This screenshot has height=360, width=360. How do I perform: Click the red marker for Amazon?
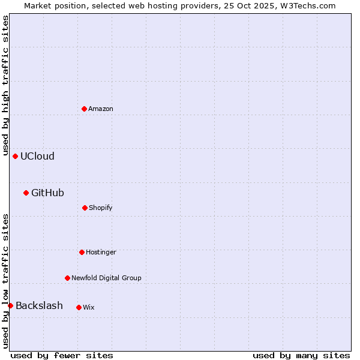click(x=84, y=109)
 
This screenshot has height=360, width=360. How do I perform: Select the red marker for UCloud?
click(x=15, y=156)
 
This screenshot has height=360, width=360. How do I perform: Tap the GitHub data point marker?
click(x=26, y=193)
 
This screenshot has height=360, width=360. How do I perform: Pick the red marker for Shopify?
click(x=85, y=208)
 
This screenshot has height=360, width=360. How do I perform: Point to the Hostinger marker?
click(x=82, y=252)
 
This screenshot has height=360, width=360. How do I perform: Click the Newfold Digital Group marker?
click(x=67, y=278)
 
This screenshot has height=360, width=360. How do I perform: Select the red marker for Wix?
click(x=79, y=307)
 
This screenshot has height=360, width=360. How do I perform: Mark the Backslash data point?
click(x=10, y=305)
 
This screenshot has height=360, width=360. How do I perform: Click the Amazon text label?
click(x=101, y=109)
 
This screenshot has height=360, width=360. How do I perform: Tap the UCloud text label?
click(x=37, y=156)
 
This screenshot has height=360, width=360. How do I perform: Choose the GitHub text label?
click(x=47, y=193)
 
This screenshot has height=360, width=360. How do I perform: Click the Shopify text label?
click(x=101, y=208)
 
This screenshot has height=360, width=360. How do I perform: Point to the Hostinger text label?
click(x=101, y=252)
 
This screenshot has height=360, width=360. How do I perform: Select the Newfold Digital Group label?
click(x=106, y=278)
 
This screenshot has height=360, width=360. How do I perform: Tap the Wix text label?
click(x=89, y=307)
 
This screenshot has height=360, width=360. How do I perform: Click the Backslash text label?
click(x=39, y=305)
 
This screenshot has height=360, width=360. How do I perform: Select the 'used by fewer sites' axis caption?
click(x=62, y=355)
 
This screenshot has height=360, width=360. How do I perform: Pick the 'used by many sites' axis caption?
click(x=301, y=355)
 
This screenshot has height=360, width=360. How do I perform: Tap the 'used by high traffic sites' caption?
click(x=5, y=85)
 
